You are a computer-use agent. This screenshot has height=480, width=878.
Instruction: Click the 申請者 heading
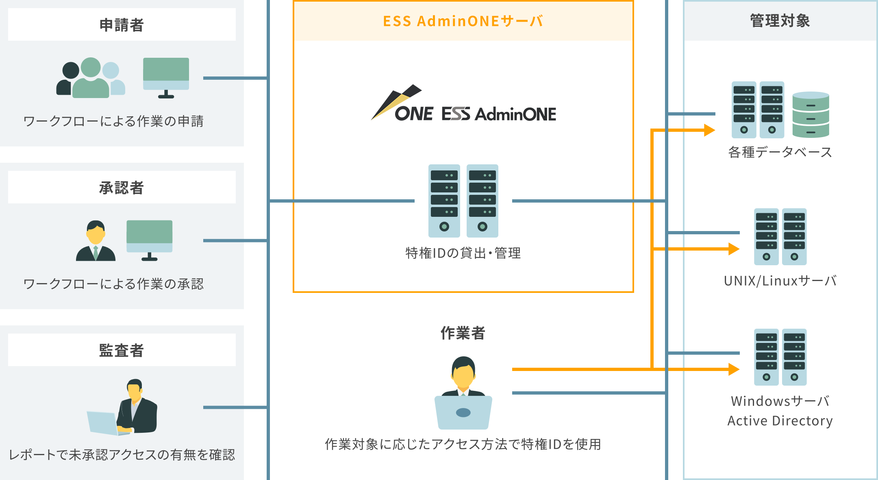coord(122,25)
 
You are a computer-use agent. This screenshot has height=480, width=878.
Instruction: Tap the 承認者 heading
coord(122,188)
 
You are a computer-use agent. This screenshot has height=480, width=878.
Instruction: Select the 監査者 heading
coord(122,350)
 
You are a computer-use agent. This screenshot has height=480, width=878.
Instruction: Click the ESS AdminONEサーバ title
coord(463,21)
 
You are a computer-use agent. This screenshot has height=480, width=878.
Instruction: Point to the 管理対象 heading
coord(780,21)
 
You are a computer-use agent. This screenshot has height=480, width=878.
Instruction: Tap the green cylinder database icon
coord(811,115)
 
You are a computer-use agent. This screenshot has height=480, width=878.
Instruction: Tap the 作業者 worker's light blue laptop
coord(463,412)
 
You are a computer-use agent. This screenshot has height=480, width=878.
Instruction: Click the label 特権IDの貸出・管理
coord(463,253)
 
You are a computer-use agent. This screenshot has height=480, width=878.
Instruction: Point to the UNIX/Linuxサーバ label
coord(780,281)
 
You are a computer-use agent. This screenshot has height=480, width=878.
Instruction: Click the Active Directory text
coord(780,421)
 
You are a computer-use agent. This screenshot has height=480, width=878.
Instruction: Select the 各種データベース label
coord(780,152)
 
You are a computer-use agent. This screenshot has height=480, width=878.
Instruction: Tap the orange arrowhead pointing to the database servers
coord(709,130)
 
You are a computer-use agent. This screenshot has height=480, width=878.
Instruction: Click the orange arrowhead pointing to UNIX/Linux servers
coord(734,249)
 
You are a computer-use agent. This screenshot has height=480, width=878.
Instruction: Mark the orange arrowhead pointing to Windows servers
coord(734,369)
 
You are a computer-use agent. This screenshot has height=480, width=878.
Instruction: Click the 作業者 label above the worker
coord(463,333)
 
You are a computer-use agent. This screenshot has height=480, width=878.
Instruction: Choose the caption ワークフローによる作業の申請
coord(113,121)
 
